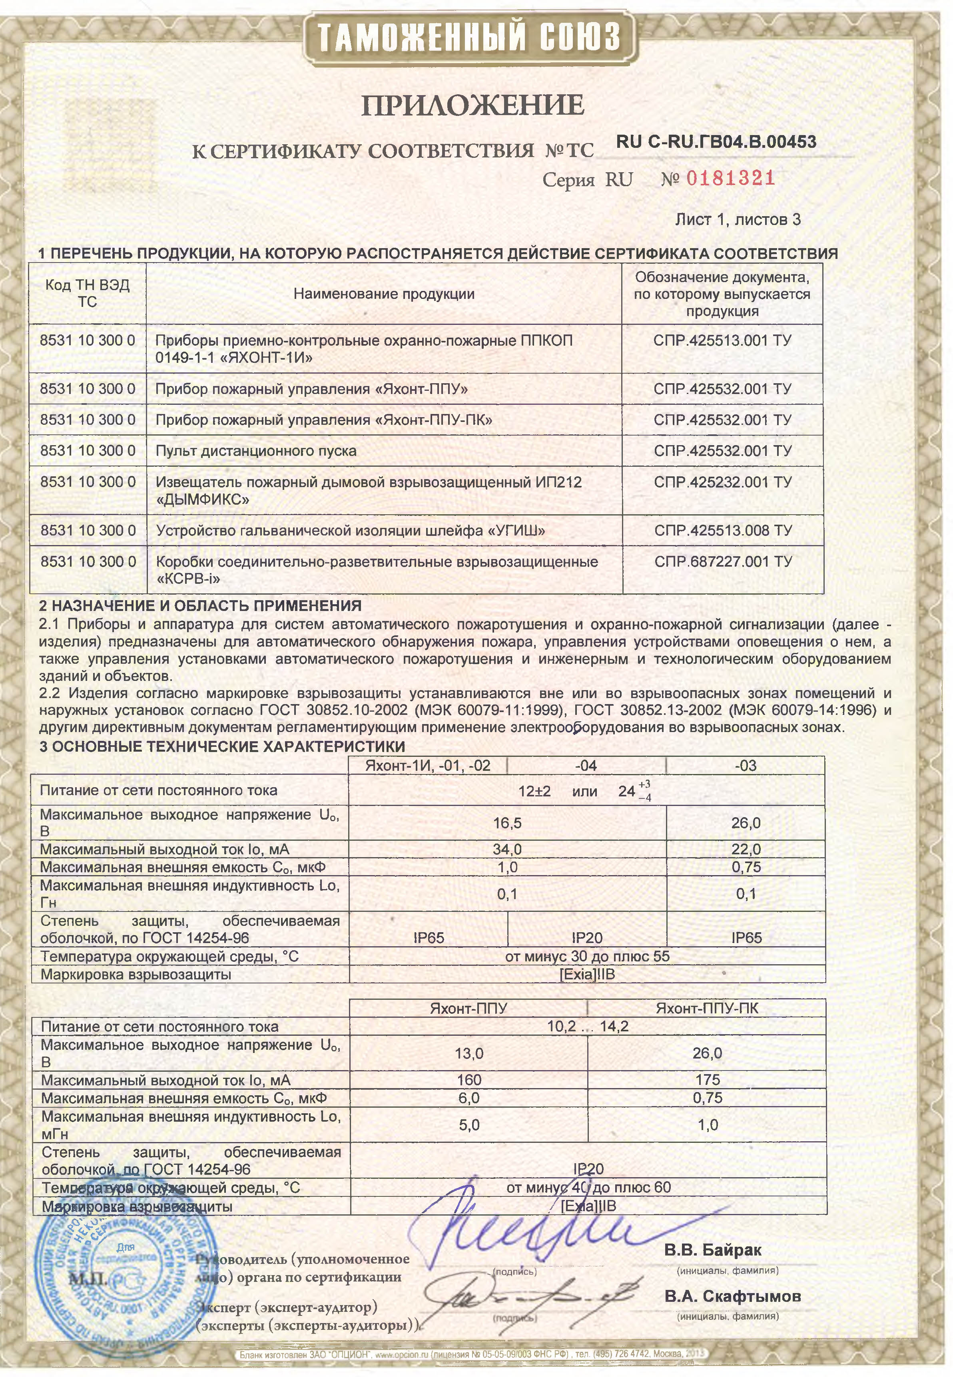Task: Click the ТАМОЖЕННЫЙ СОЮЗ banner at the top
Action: [x=469, y=37]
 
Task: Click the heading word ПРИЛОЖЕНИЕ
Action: [x=473, y=105]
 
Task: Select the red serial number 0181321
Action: [x=731, y=178]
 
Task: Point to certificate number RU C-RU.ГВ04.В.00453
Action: [x=716, y=142]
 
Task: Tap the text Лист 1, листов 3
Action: [x=738, y=220]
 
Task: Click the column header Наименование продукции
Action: [x=384, y=294]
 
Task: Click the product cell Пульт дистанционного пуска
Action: [x=256, y=451]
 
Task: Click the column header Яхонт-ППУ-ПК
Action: [x=707, y=1008]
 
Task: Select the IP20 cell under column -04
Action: [x=587, y=938]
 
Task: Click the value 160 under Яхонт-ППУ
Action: [x=469, y=1080]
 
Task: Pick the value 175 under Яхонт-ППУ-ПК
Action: [x=707, y=1080]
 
